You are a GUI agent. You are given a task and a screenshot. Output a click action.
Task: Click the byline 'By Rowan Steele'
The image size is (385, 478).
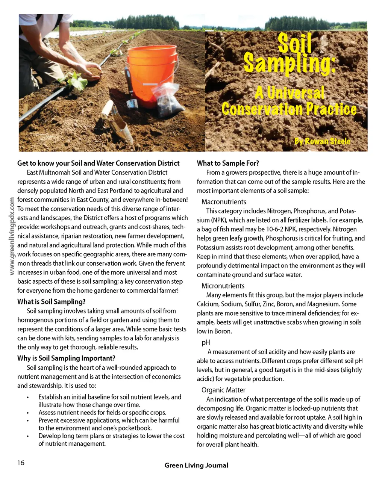[x=322, y=141]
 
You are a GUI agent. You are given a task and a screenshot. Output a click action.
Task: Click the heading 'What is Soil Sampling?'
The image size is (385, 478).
[x=52, y=302]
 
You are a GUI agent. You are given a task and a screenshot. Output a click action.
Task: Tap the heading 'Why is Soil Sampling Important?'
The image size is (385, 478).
[x=66, y=358]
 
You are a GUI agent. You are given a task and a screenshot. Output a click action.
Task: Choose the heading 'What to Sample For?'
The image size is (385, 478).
[x=228, y=163]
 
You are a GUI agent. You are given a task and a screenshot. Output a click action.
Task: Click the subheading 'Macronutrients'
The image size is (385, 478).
[x=224, y=202]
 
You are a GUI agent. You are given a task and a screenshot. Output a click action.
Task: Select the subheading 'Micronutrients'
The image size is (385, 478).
[x=223, y=286]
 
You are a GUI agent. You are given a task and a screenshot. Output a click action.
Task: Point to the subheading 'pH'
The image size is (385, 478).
[x=206, y=342]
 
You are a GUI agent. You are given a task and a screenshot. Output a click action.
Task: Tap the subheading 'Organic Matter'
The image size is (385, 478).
[x=223, y=390]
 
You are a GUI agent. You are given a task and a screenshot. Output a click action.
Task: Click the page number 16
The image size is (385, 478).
[x=21, y=463]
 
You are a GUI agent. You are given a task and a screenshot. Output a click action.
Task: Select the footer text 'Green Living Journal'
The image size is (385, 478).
[x=196, y=465]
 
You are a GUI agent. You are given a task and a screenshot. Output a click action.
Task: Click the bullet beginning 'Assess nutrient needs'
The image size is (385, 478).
[x=102, y=413]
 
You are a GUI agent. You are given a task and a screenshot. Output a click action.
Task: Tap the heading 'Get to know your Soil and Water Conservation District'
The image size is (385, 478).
[x=99, y=163]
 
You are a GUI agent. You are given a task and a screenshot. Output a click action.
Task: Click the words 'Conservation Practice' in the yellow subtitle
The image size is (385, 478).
[x=289, y=109]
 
